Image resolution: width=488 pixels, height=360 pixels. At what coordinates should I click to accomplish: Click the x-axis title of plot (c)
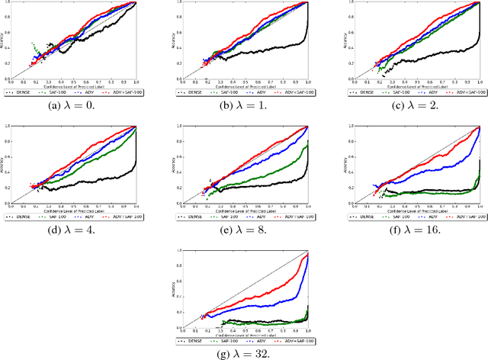[406, 85]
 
